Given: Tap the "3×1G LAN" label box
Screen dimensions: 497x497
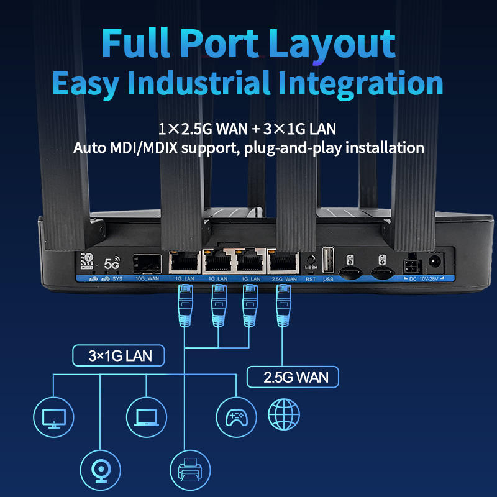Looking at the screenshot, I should point(118,356).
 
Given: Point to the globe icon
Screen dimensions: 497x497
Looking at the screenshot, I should point(284,414).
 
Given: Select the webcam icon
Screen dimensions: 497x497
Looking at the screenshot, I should point(99,467).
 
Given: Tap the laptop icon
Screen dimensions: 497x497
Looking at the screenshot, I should point(147,415).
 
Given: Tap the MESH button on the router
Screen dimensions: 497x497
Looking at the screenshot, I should point(311,260).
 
